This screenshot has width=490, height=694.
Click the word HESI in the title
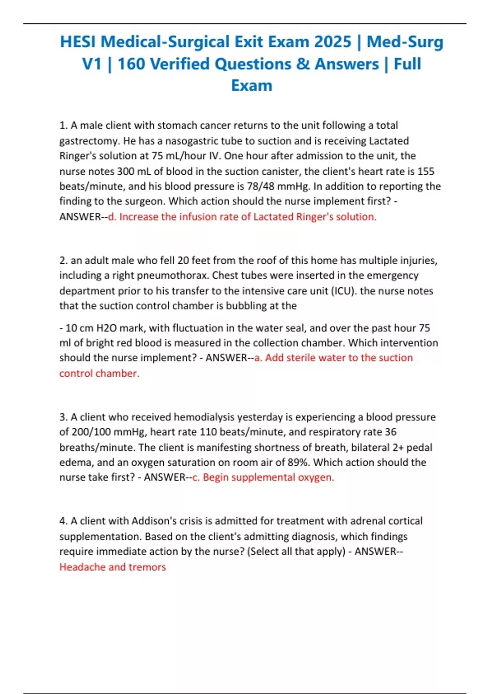pyautogui.click(x=78, y=42)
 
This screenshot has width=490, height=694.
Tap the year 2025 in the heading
pyautogui.click(x=332, y=42)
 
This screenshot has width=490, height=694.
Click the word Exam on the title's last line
pyautogui.click(x=252, y=86)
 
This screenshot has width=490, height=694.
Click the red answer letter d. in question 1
pyautogui.click(x=112, y=217)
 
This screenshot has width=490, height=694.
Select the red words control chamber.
pyautogui.click(x=99, y=374)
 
